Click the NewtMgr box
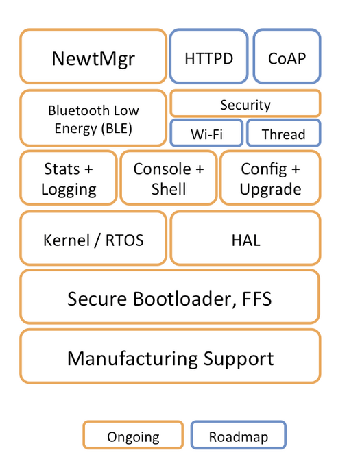point(93,56)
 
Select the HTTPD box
point(208,56)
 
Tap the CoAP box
point(287,56)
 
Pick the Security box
point(245,103)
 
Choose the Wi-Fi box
point(206,133)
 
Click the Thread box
point(284,133)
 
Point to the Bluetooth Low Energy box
point(93,118)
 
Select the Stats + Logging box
point(69,178)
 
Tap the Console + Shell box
point(169,178)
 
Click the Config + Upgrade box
point(270,178)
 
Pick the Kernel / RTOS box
point(93,238)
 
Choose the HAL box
point(245,238)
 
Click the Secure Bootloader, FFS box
point(170,297)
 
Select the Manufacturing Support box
point(170,356)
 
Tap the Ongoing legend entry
point(133,435)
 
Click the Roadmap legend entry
point(239,435)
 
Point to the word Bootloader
point(182,299)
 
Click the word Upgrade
point(270,189)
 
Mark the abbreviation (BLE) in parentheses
point(117,129)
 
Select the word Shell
point(169,189)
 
